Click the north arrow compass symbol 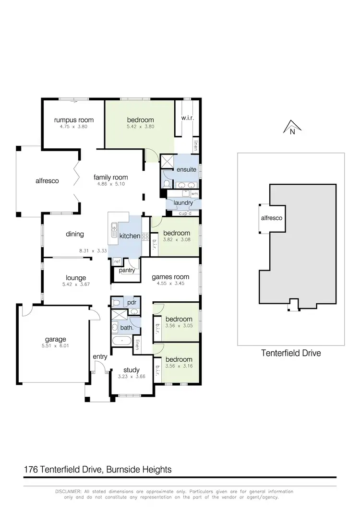pyautogui.click(x=291, y=127)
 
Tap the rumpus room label pyautogui.click(x=73, y=120)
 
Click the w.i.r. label pyautogui.click(x=187, y=118)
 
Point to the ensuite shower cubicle pyautogui.click(x=167, y=162)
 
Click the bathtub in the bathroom pyautogui.click(x=122, y=341)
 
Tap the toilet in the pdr pyautogui.click(x=116, y=303)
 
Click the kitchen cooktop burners pyautogui.click(x=144, y=237)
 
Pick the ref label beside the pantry pyautogui.click(x=117, y=262)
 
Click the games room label pyautogui.click(x=170, y=277)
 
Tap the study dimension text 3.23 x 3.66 pyautogui.click(x=131, y=377)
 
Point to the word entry pyautogui.click(x=100, y=356)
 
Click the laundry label pyautogui.click(x=183, y=203)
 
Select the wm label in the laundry pyautogui.click(x=194, y=194)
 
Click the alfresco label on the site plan pyautogui.click(x=271, y=218)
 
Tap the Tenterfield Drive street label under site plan pyautogui.click(x=291, y=353)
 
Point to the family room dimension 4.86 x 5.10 pyautogui.click(x=111, y=184)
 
